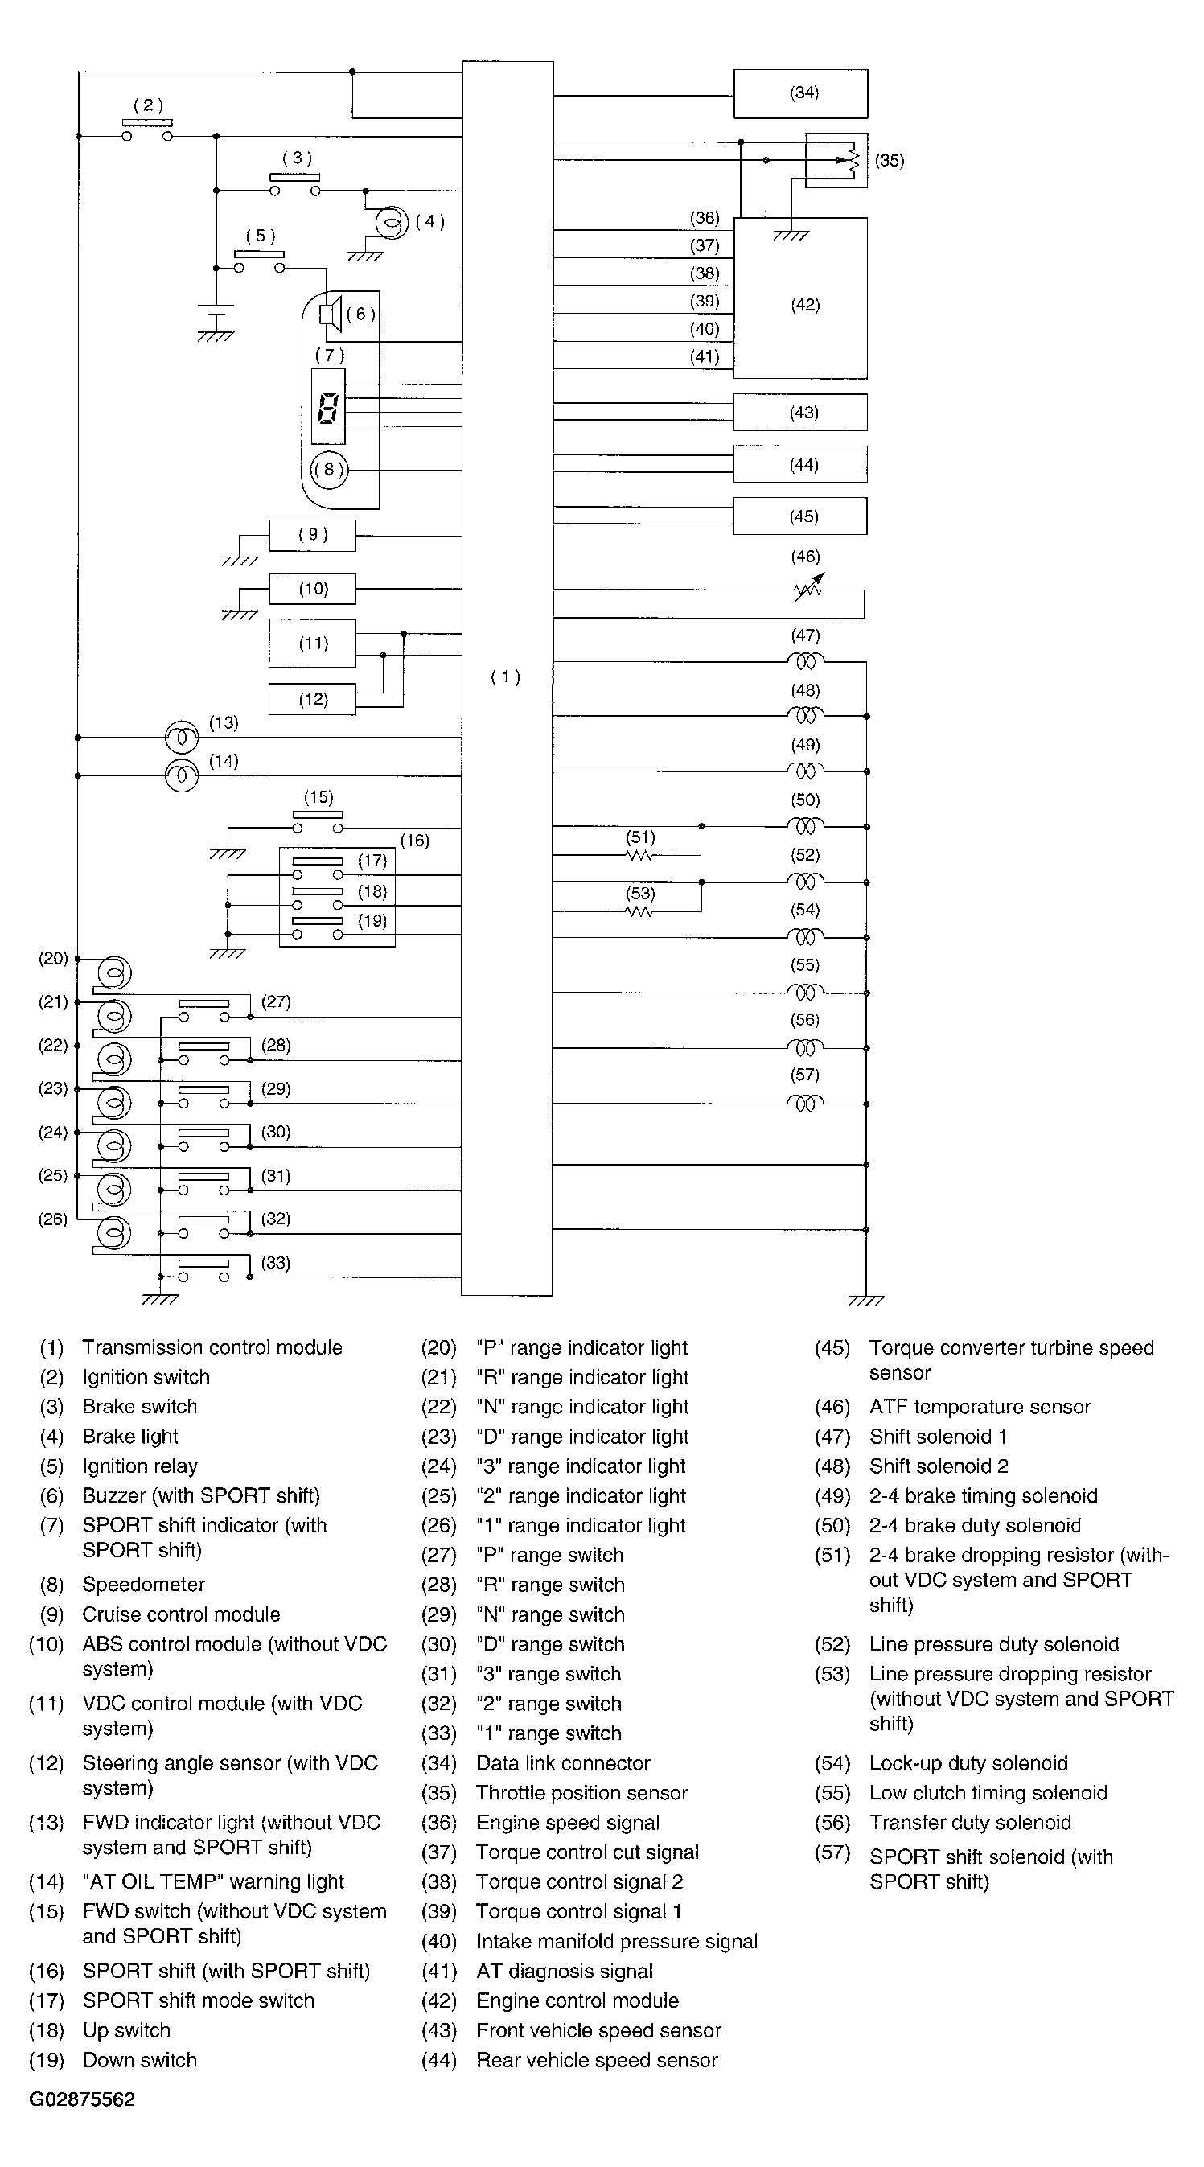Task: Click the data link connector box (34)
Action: point(799,93)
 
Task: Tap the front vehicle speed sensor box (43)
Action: point(799,412)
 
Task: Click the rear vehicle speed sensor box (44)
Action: point(799,464)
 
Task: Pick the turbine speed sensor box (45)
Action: point(799,516)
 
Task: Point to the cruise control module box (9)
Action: point(312,535)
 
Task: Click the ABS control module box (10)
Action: point(312,589)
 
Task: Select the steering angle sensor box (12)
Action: point(312,699)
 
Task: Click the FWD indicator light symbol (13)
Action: point(181,738)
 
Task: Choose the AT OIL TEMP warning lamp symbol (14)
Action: point(181,775)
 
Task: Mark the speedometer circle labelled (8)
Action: point(328,470)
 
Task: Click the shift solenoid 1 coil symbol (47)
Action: point(805,661)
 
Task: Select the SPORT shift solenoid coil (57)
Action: point(805,1102)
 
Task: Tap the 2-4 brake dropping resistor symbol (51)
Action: point(640,856)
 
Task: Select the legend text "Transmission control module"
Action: point(212,1347)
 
